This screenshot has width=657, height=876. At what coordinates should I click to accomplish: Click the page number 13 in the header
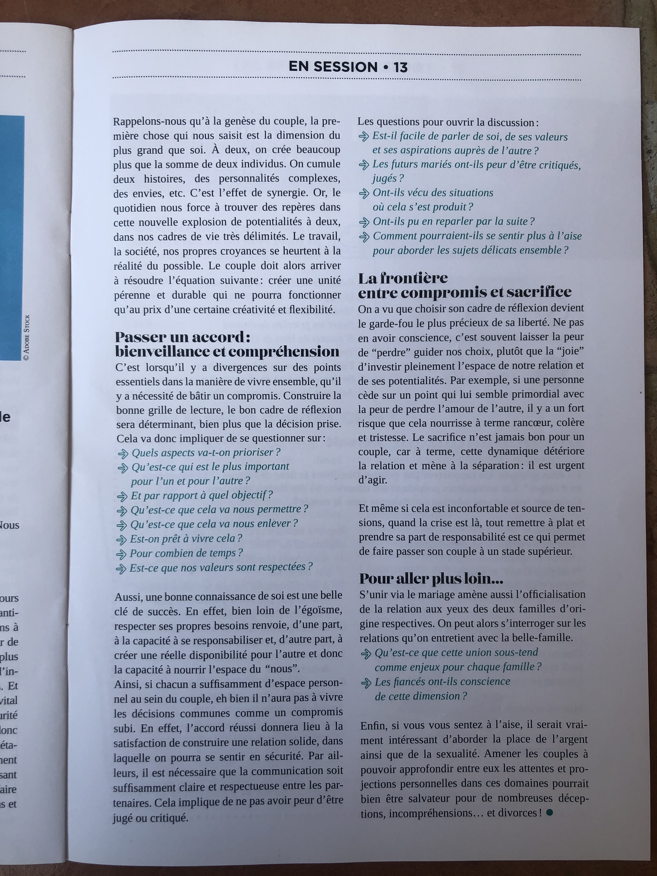[400, 67]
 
